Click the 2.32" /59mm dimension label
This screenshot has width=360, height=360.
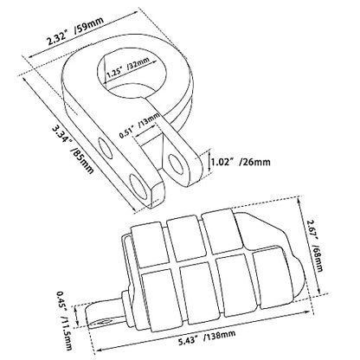tap(75, 32)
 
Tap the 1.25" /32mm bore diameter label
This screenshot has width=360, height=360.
tap(128, 67)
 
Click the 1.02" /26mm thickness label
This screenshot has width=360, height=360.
tap(241, 162)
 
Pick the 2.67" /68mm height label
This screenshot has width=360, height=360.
tap(314, 246)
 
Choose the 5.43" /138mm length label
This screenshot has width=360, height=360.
tap(207, 337)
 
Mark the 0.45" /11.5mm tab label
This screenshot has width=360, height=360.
tap(64, 319)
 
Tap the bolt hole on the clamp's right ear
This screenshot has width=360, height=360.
tap(177, 164)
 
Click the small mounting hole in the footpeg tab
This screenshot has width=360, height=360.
tap(105, 321)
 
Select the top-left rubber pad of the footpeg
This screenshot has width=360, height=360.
tap(147, 244)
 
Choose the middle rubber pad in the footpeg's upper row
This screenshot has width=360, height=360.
tap(183, 239)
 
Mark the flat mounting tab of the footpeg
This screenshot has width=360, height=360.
tap(104, 312)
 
